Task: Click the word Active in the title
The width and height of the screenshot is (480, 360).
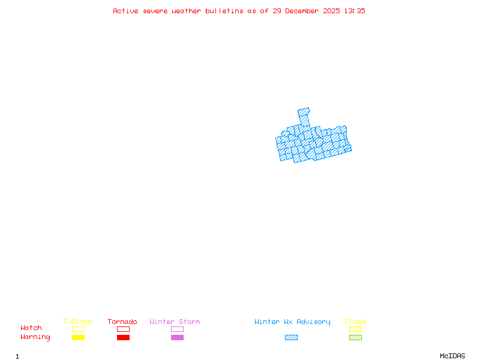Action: pyautogui.click(x=125, y=11)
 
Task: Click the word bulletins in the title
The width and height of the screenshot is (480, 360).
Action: pyautogui.click(x=224, y=11)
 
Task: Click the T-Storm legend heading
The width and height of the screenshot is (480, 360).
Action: pyautogui.click(x=77, y=322)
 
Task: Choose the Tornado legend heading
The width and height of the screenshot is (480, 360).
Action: pyautogui.click(x=122, y=322)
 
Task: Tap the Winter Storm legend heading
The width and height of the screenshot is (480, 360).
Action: pyautogui.click(x=175, y=322)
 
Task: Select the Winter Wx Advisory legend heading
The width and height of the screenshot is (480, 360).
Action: pyautogui.click(x=292, y=322)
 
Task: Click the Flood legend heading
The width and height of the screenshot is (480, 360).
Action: pyautogui.click(x=355, y=322)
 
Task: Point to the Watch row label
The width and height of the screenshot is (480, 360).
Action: pyautogui.click(x=31, y=328)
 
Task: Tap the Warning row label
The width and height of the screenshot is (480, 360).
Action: pyautogui.click(x=35, y=337)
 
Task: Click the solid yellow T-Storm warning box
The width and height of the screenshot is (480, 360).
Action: pyautogui.click(x=78, y=338)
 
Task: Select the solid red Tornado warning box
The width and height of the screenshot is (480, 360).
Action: pyautogui.click(x=123, y=338)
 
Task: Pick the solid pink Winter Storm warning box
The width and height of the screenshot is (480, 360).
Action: pyautogui.click(x=177, y=338)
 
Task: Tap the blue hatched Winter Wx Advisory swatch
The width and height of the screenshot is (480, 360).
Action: pyautogui.click(x=291, y=338)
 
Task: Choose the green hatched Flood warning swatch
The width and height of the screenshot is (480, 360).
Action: pyautogui.click(x=355, y=338)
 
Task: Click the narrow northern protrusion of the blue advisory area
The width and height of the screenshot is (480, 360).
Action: pyautogui.click(x=304, y=116)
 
